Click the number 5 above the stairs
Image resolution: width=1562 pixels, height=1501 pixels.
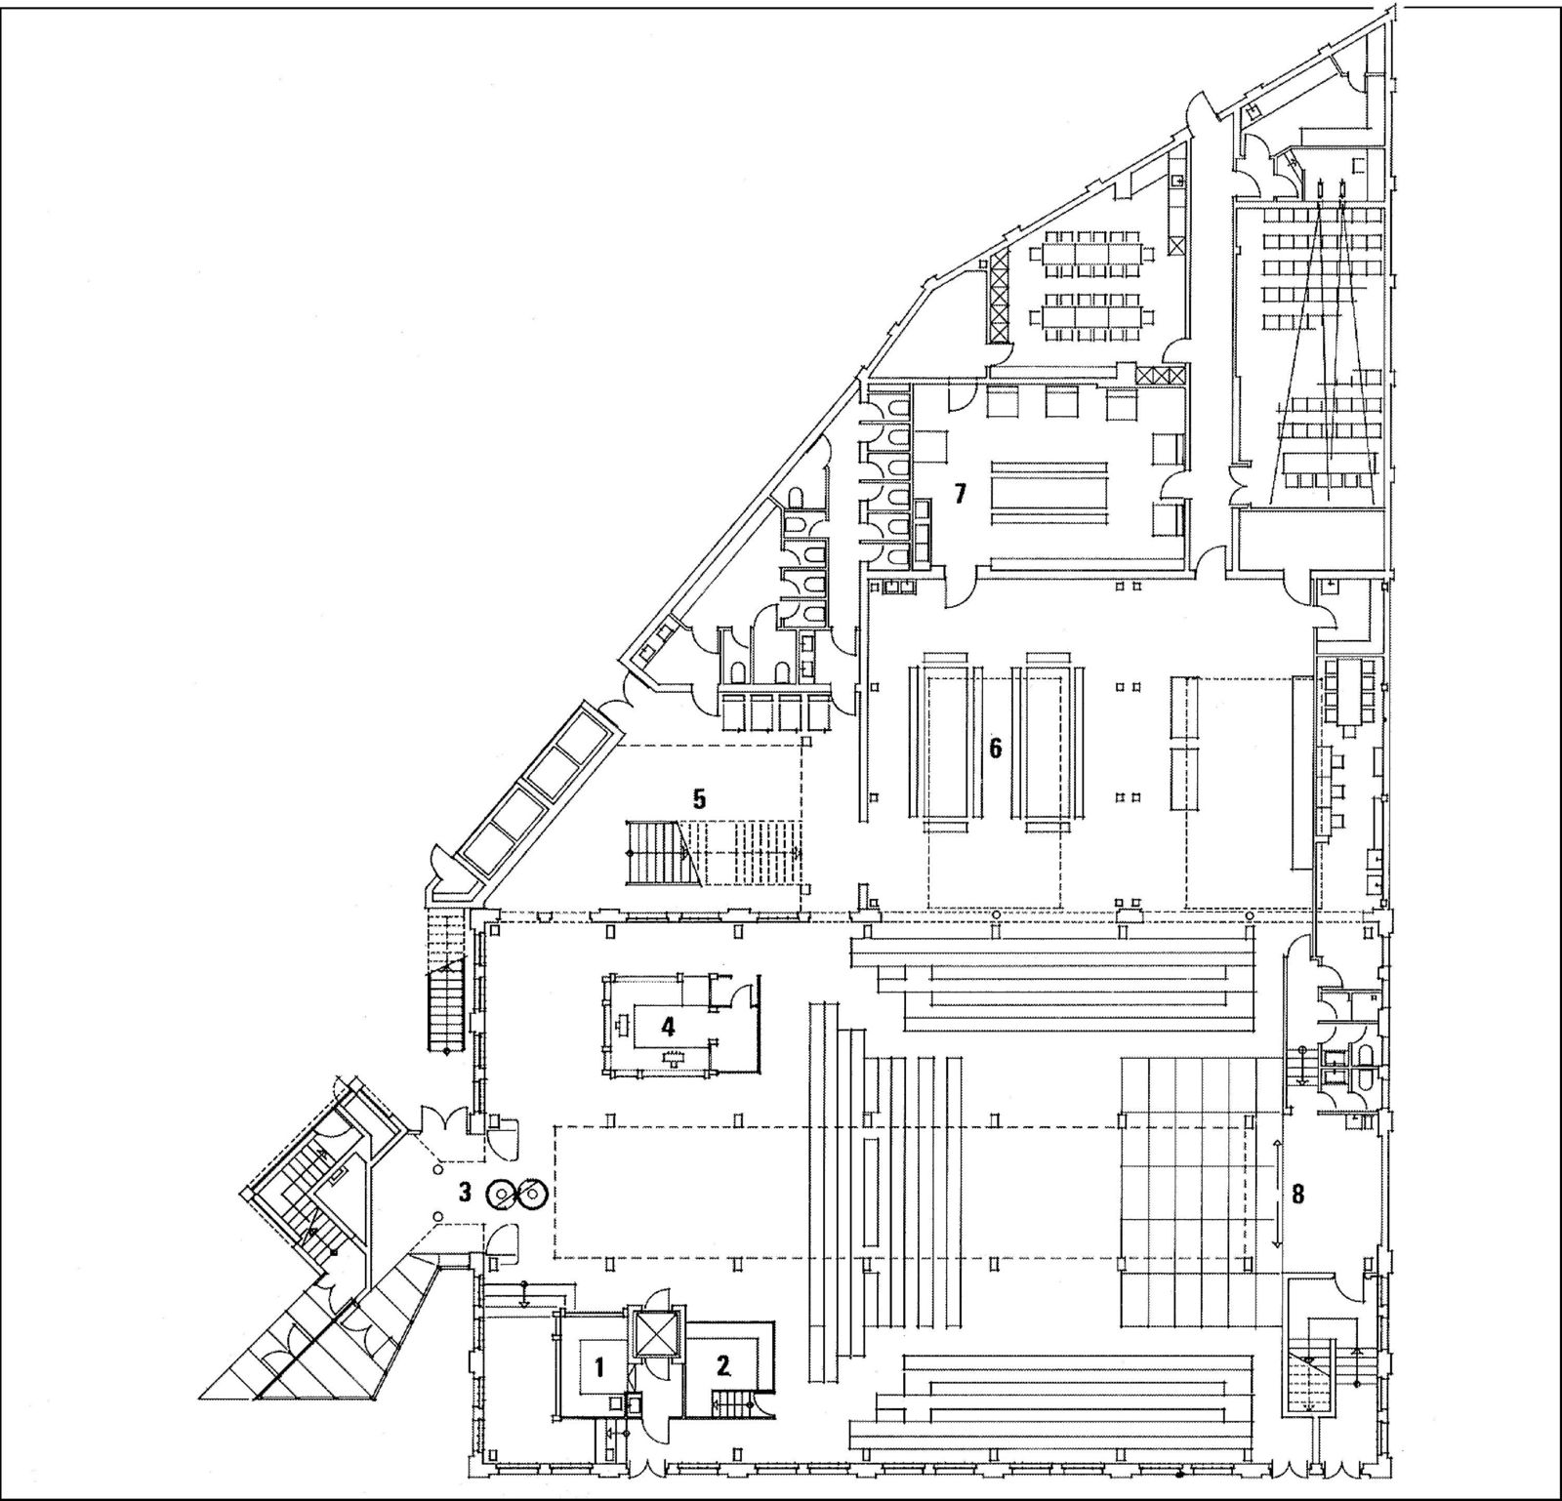click(699, 797)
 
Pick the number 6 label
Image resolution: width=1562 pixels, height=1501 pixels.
click(995, 749)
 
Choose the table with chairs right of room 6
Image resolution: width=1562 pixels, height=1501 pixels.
click(1350, 691)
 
